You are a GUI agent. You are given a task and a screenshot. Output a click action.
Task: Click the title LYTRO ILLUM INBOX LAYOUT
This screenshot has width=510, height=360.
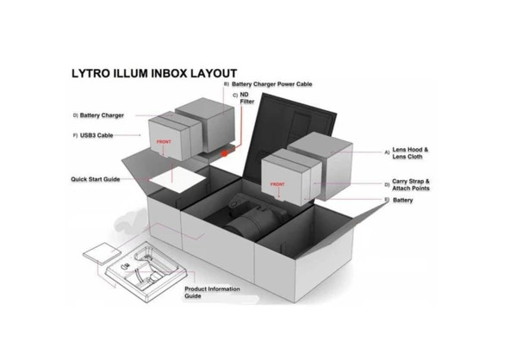coord(154,74)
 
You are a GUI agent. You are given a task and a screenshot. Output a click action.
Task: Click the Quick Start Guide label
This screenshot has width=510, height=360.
coord(95,179)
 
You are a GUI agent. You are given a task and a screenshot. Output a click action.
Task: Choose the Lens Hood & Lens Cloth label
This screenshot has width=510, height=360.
coord(412,153)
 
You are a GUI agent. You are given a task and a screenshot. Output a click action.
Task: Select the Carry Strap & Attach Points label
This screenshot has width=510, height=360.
coord(412,184)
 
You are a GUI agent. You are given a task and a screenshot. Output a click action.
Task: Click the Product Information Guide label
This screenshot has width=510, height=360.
coord(212,292)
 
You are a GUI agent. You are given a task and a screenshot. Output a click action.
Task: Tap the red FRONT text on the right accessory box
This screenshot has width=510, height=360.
coord(277,184)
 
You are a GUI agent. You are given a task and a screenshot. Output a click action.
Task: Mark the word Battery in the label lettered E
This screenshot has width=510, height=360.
coord(402,200)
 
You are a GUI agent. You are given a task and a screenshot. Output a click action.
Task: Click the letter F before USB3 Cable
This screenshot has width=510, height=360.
coord(76,135)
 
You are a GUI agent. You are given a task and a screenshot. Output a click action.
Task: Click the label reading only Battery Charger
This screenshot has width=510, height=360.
coord(103,114)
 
